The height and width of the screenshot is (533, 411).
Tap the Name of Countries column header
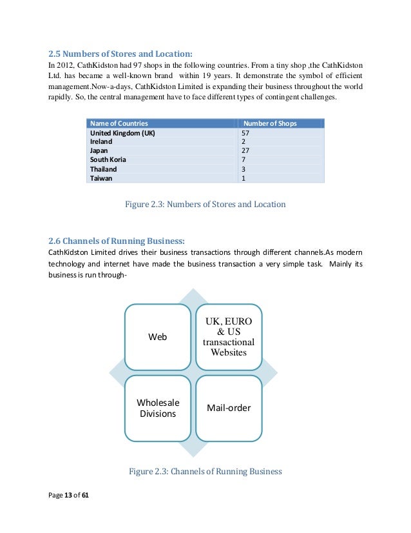point(119,123)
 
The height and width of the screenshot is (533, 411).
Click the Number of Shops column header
point(269,123)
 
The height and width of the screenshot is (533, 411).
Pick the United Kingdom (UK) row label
point(122,133)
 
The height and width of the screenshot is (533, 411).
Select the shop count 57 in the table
point(245,133)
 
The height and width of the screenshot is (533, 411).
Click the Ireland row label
point(101,141)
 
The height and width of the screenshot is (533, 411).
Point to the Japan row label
point(99,150)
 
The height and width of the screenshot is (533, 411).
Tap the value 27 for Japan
point(245,150)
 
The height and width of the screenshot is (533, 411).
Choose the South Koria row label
point(108,159)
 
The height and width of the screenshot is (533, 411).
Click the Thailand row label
point(103,168)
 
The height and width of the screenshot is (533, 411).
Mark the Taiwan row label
point(100,177)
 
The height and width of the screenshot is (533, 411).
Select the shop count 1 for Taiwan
point(244,177)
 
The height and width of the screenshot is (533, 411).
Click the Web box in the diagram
point(158,337)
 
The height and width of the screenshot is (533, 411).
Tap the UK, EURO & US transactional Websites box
point(229,337)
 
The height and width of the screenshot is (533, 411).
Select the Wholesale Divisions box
point(158,408)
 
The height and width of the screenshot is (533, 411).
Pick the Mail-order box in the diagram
point(229,408)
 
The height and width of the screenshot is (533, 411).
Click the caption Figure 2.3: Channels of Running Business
point(205,471)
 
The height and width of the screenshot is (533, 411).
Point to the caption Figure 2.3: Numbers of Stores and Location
point(205,205)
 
